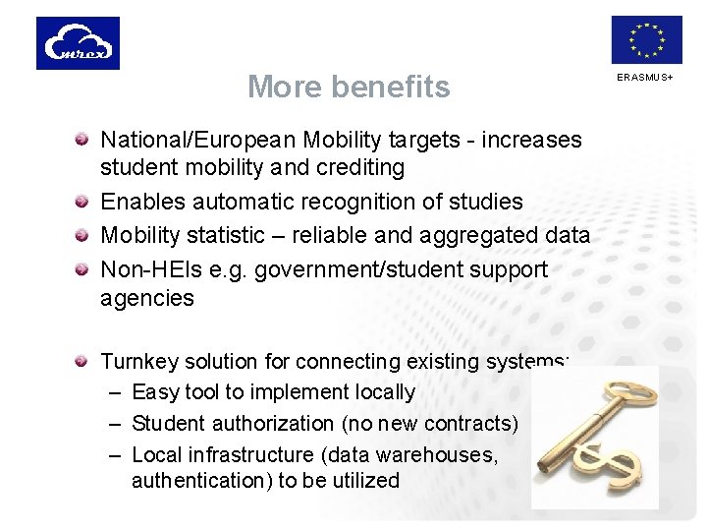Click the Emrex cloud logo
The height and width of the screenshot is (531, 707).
coord(78,43)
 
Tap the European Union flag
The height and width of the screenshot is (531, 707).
coord(646,40)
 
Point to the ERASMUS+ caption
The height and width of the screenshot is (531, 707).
coord(645,77)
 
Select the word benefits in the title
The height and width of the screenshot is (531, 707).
coord(390,87)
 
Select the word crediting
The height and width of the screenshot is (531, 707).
coord(360,168)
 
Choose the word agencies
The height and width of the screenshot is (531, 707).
coord(147,298)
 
